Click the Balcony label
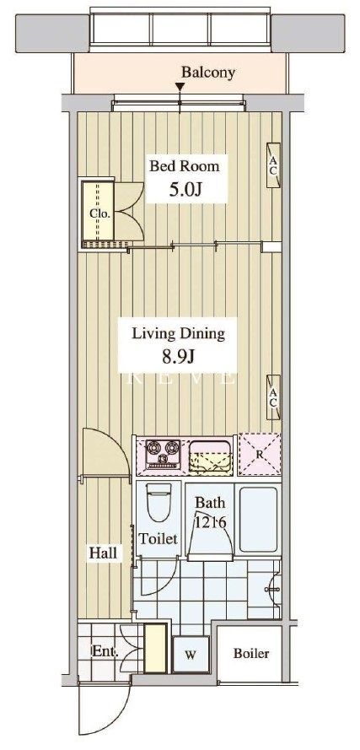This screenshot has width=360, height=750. [x=208, y=73]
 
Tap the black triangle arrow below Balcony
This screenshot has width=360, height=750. [x=180, y=87]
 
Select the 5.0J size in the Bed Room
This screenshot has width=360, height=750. [x=186, y=190]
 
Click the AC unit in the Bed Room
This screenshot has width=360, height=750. [x=273, y=165]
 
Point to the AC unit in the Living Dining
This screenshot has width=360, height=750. [x=273, y=397]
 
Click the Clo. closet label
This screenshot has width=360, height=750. [x=100, y=213]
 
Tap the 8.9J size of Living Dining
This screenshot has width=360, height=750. [x=177, y=356]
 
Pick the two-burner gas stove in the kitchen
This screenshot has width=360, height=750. [x=163, y=454]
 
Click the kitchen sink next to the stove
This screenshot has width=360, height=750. [x=211, y=456]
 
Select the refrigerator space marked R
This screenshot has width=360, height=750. [x=260, y=455]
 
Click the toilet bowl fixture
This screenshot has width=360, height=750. [x=159, y=502]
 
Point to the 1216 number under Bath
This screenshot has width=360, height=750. [x=210, y=522]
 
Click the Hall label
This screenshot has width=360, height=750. [x=103, y=553]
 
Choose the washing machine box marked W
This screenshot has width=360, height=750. [x=191, y=654]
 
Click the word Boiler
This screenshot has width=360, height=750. [x=251, y=653]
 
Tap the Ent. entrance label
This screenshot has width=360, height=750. [x=105, y=650]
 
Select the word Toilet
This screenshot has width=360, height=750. [x=158, y=539]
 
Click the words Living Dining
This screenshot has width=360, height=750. [x=179, y=333]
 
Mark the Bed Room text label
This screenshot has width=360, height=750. [x=185, y=166]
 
